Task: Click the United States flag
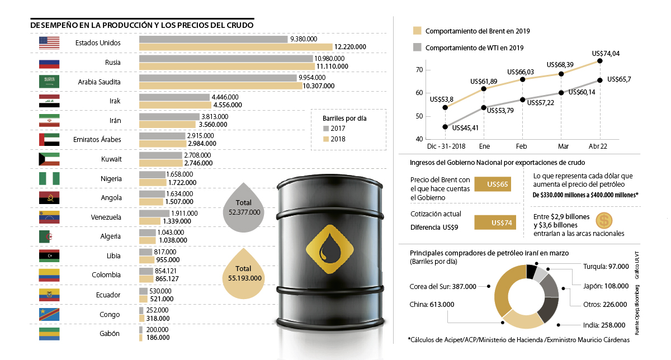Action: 49,43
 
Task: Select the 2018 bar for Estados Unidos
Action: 235,48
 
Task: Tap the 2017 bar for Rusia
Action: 226,59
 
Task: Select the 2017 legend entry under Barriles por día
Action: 334,129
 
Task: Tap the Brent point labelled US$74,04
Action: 600,61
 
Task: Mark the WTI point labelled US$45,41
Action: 445,127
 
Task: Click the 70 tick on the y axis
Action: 419,70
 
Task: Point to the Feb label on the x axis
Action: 522,146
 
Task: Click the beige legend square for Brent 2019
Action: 417,31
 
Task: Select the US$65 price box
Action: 493,184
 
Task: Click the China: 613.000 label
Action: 433,305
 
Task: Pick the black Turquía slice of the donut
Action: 531,272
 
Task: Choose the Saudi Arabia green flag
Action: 49,82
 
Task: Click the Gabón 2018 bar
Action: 140,337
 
